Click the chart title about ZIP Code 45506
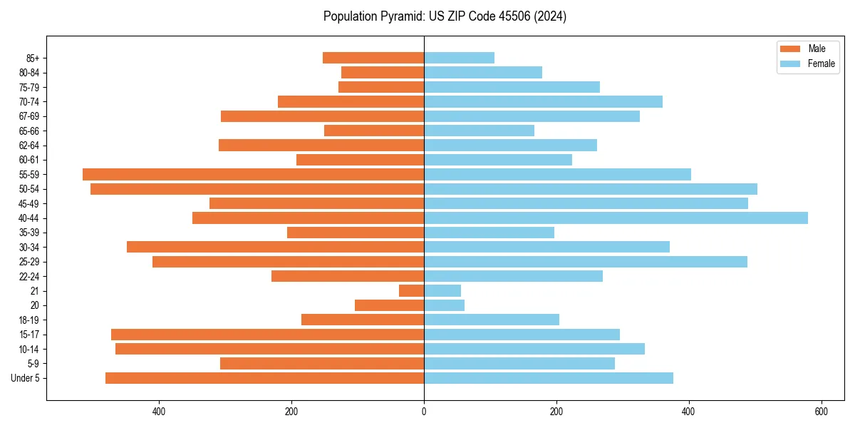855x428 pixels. pos(445,16)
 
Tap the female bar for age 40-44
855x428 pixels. pos(616,218)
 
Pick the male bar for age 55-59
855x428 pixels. pos(253,174)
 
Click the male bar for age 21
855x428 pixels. pos(411,291)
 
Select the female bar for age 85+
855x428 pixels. pos(459,58)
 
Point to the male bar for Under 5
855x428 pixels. pos(264,378)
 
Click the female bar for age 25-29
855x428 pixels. pos(585,262)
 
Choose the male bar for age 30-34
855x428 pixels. pos(275,247)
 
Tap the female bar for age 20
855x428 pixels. pos(444,305)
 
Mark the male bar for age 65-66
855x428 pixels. pos(374,131)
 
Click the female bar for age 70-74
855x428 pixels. pos(543,101)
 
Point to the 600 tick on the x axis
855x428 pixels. pos(821,412)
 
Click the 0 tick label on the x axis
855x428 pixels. pos(424,412)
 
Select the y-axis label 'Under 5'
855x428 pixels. pos(25,378)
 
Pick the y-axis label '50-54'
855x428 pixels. pos(28,189)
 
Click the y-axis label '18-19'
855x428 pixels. pos(28,320)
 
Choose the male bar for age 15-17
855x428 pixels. pos(267,335)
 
